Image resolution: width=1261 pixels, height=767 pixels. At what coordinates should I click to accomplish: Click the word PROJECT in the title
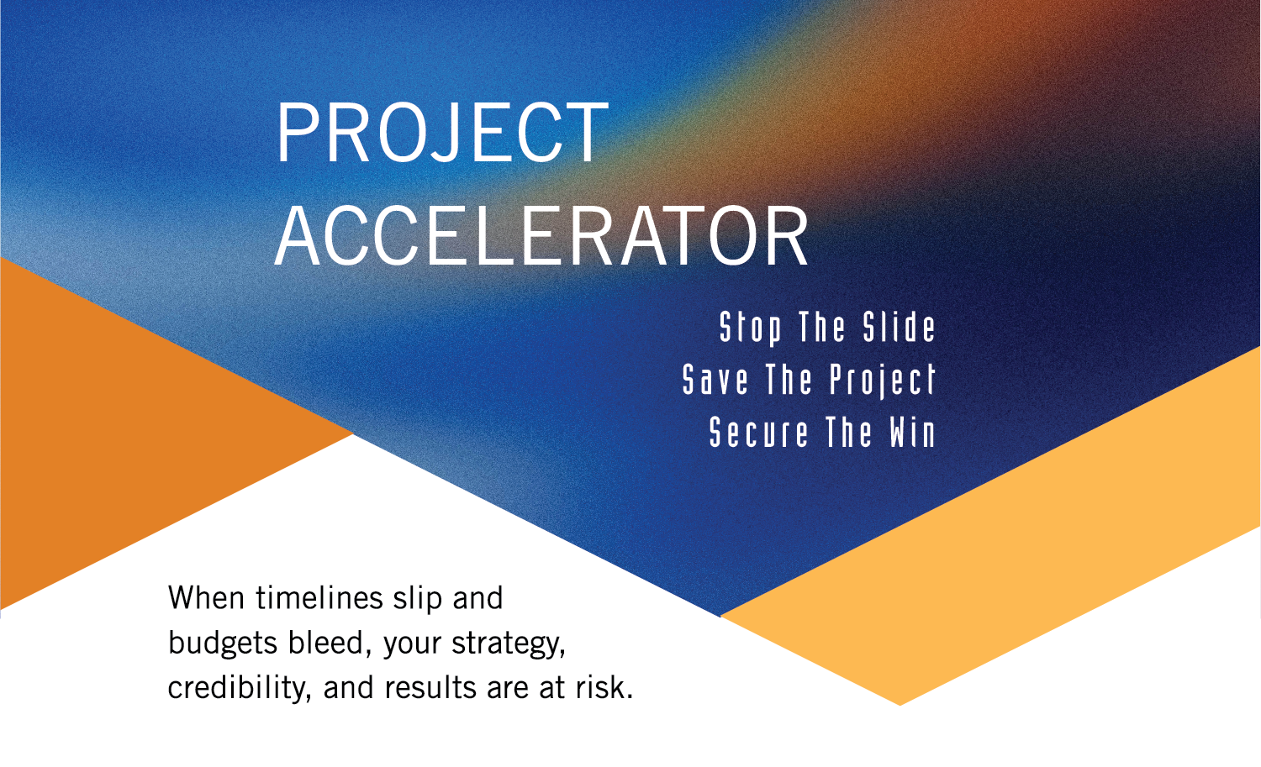pos(441,133)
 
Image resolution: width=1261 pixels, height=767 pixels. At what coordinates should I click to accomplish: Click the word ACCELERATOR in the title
pos(541,238)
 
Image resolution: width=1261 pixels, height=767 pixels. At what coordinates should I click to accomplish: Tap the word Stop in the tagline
pos(750,328)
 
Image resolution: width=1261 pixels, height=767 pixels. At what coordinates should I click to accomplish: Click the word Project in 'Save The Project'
pos(882,380)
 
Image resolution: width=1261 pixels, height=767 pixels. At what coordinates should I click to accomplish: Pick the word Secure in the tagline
pos(758,433)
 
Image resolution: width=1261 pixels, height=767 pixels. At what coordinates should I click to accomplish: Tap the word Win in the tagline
pos(912,433)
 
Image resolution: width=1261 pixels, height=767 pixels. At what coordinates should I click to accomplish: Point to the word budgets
pos(224,644)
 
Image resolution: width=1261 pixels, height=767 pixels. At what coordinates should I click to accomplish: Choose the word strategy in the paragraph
pos(508,644)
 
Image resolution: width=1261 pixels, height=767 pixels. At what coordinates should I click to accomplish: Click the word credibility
pos(240,688)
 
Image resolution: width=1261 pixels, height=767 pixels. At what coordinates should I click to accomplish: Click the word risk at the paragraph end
pos(602,688)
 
